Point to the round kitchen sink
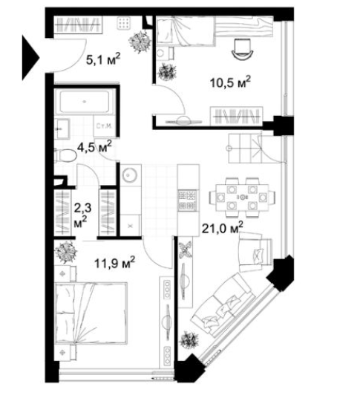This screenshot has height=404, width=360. (129, 176)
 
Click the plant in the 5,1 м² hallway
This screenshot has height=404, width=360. (137, 42)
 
